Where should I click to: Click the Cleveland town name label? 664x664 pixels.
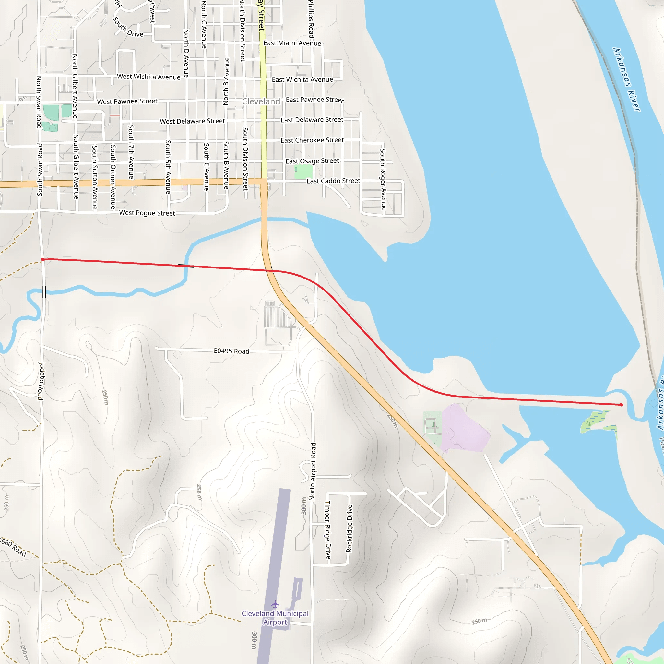(261, 101)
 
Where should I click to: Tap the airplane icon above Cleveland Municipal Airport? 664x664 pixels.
(275, 604)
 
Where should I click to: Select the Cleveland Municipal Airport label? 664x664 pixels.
(275, 618)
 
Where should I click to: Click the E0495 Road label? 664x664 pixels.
(231, 351)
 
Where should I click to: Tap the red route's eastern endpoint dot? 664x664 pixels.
(621, 405)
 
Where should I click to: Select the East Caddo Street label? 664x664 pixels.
(333, 181)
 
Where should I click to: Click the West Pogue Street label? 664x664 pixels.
(147, 213)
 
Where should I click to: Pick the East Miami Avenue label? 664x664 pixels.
(292, 43)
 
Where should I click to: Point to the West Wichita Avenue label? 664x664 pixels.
(148, 77)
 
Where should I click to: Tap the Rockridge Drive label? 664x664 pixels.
(349, 528)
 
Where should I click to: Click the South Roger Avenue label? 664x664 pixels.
(383, 179)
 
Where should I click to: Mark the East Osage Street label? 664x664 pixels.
(312, 161)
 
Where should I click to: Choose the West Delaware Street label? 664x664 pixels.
(192, 121)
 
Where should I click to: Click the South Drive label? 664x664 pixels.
(128, 28)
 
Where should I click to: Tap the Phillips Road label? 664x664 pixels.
(311, 19)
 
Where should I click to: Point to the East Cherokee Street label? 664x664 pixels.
(312, 140)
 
